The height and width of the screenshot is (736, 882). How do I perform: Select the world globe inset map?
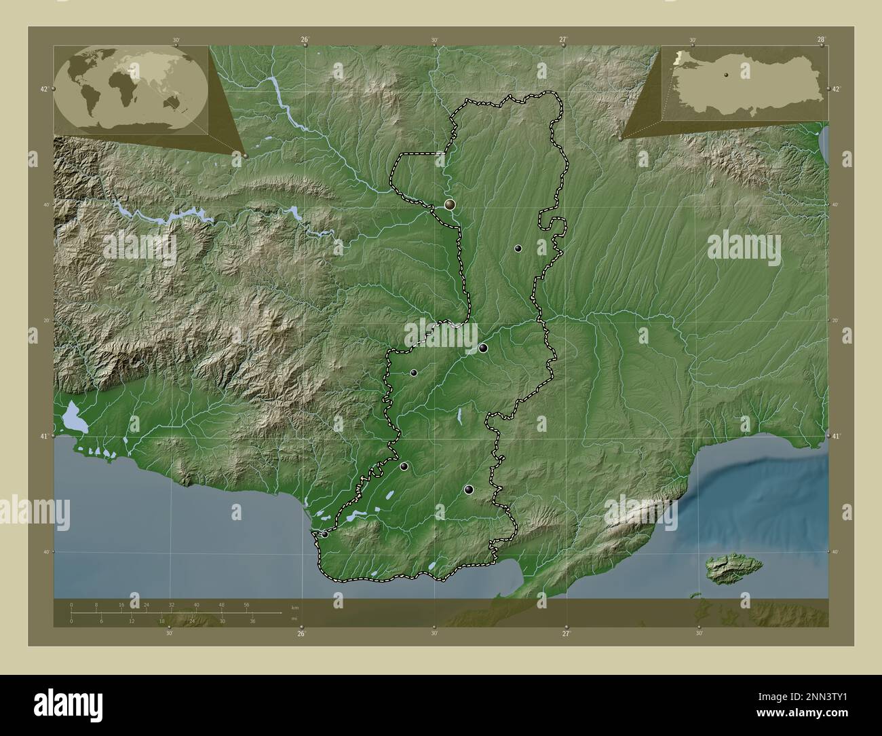coord(130,88)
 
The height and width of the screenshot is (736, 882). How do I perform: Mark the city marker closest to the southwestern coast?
coord(325,534)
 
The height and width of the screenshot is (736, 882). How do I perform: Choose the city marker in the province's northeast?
coord(518,249)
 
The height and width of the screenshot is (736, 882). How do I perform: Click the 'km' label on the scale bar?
coord(294,606)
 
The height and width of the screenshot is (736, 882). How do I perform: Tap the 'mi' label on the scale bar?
coord(294,618)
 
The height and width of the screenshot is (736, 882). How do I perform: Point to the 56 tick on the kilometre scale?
coord(247,604)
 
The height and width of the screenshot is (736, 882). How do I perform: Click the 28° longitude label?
coord(821,39)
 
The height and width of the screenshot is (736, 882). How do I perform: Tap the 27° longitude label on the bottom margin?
coord(566,633)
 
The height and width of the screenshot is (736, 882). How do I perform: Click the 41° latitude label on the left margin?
coord(43,436)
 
